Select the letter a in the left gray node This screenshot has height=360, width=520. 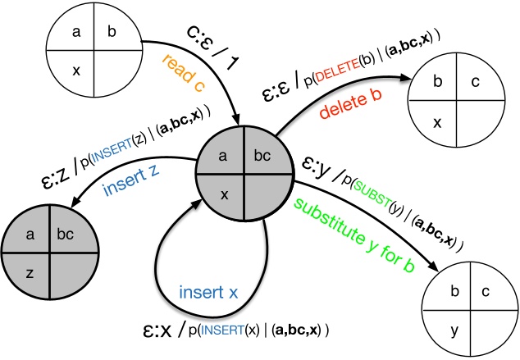[x=30, y=235]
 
